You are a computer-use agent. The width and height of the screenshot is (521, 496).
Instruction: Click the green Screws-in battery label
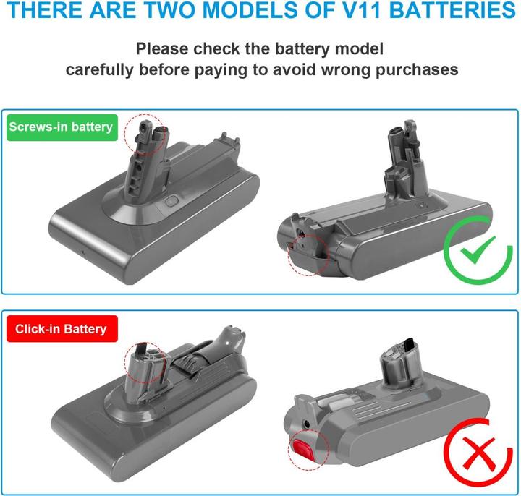point(62,127)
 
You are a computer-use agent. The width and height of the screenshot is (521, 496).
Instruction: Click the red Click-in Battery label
point(62,329)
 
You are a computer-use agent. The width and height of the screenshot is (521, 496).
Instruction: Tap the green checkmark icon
point(477,250)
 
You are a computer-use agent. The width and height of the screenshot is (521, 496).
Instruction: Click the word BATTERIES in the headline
point(452,10)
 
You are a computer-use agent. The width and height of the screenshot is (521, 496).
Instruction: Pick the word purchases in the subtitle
point(417,70)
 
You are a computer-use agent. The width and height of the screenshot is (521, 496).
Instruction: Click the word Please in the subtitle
point(162,48)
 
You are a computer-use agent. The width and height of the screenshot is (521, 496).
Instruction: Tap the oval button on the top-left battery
point(171,201)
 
